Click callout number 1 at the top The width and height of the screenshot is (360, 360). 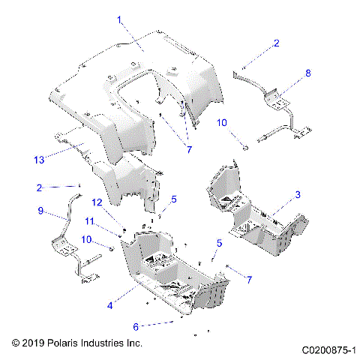(x=118, y=21)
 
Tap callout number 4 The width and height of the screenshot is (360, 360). (x=110, y=305)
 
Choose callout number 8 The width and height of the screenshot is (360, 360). (x=306, y=73)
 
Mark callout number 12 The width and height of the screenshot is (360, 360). (x=97, y=202)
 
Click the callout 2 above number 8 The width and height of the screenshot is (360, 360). (x=276, y=44)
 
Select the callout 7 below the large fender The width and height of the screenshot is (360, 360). (x=189, y=150)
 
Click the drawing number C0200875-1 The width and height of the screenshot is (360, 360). (x=328, y=349)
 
